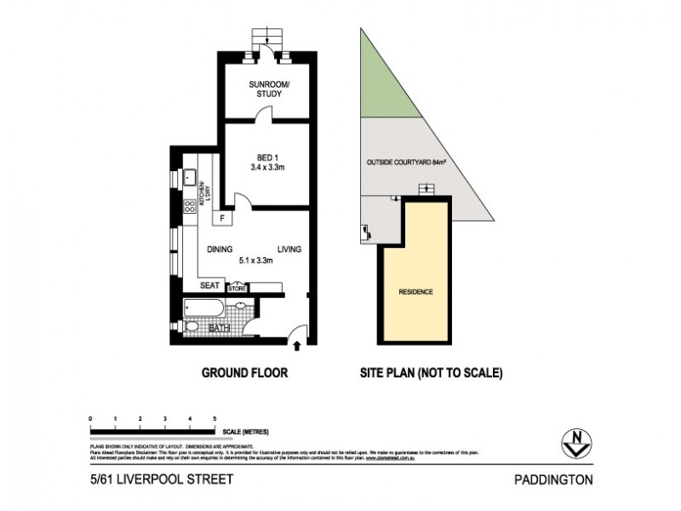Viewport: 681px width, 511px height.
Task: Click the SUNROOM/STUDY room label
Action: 266,89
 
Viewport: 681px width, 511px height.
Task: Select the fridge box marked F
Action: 221,218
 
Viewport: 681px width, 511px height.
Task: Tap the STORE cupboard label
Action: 236,289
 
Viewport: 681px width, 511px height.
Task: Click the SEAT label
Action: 209,286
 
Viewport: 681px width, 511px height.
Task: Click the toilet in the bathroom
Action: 192,327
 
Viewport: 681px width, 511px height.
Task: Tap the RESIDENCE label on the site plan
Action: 415,292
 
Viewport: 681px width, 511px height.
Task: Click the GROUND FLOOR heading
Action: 243,373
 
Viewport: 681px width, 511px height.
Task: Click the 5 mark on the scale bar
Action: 215,420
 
